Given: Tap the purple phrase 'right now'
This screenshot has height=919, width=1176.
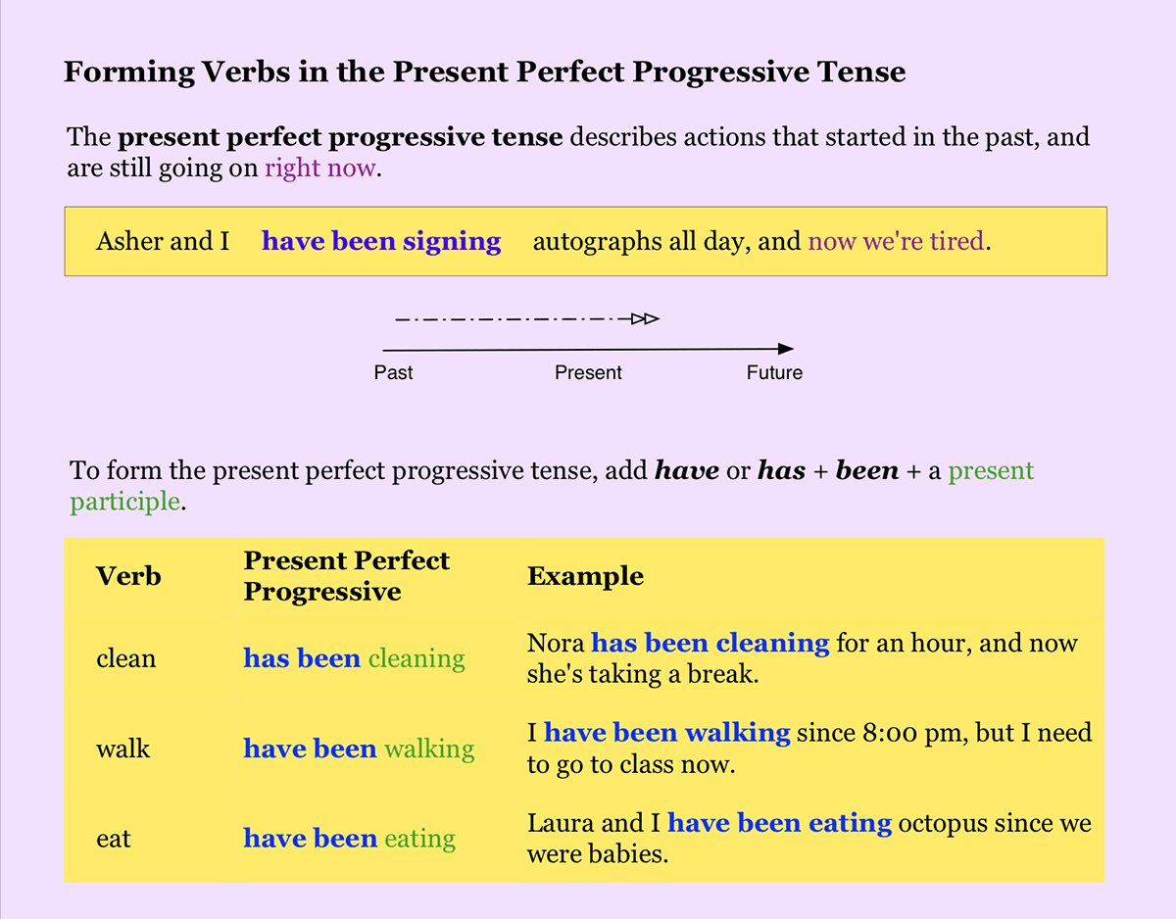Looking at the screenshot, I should click(319, 168).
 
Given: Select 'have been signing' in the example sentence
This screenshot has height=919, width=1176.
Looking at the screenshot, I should click(381, 241).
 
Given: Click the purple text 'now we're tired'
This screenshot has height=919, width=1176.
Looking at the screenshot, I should click(896, 241).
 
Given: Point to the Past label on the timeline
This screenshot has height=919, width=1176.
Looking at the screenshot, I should click(393, 373).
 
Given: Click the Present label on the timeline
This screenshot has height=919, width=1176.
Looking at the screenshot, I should click(588, 373).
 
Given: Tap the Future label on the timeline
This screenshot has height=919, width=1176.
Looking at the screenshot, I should click(774, 373).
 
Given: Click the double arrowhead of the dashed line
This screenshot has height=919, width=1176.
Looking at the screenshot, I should click(645, 318).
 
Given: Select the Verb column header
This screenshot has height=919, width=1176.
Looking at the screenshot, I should click(128, 576).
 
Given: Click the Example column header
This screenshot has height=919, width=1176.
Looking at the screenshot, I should click(585, 576).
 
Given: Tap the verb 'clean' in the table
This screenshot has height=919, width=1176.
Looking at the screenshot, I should click(125, 658).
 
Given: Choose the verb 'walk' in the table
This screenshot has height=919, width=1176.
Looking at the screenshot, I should click(122, 749).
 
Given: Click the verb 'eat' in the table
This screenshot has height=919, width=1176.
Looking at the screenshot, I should click(114, 840).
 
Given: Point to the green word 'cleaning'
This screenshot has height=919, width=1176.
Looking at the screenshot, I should click(416, 659).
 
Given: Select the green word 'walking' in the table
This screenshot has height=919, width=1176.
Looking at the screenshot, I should click(429, 750).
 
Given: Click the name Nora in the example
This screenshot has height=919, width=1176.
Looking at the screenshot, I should click(556, 644).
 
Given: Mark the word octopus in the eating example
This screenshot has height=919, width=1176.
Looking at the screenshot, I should click(937, 824).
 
